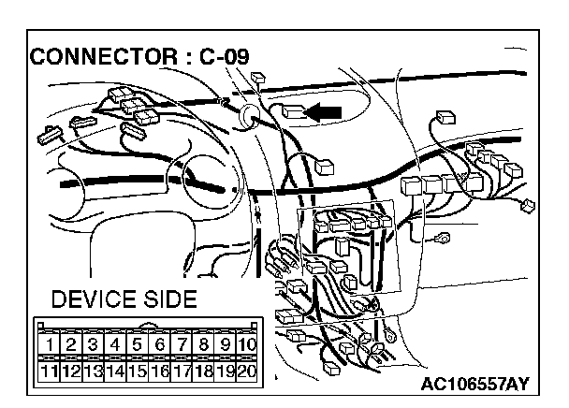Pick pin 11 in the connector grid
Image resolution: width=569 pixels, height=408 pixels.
click(47, 371)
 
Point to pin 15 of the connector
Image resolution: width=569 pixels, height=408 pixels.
click(137, 371)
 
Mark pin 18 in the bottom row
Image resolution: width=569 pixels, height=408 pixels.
click(204, 371)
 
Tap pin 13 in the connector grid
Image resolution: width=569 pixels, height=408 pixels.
click(92, 371)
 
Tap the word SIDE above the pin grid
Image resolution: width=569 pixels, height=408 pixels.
click(169, 300)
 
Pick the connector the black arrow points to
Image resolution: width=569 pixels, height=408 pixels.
click(293, 112)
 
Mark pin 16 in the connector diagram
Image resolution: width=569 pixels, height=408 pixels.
click(159, 371)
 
